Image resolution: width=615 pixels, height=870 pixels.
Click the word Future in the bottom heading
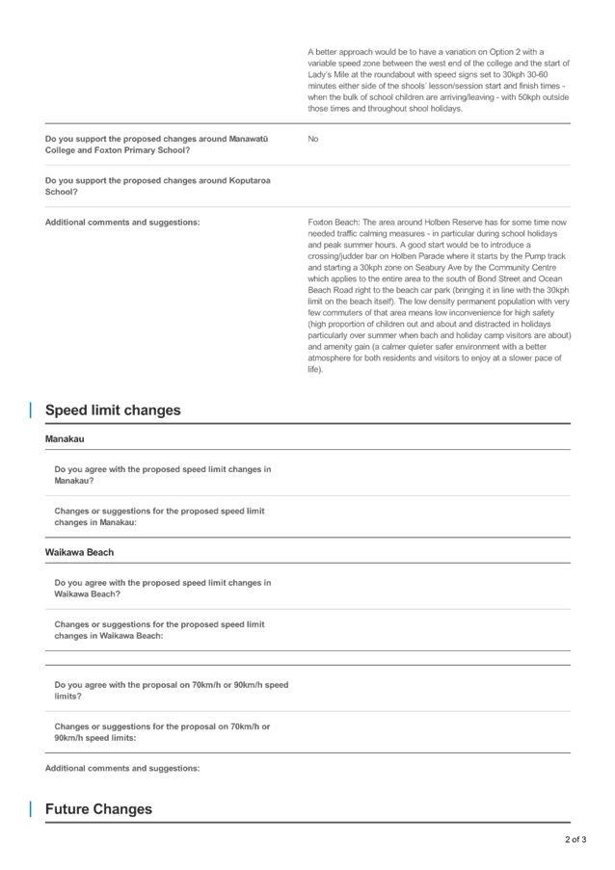coord(70,809)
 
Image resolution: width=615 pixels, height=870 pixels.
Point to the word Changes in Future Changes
coord(126,809)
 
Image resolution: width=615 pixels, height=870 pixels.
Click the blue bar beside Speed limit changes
coord(30,410)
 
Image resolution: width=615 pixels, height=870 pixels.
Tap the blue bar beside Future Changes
coord(30,809)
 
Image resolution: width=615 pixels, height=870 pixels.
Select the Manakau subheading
coord(65,439)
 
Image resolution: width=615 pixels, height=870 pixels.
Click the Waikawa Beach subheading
coord(79,553)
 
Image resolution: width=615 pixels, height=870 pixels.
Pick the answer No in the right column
coord(312,140)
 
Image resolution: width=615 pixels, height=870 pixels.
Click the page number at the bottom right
coord(575,840)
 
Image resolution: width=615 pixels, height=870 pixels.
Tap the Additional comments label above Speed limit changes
coord(122,223)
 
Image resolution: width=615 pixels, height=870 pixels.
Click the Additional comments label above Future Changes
coord(122,768)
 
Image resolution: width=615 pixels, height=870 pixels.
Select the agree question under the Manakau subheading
coord(162,474)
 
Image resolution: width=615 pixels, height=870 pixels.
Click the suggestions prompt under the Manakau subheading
coord(159,516)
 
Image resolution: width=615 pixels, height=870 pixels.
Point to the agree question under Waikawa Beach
coord(162,588)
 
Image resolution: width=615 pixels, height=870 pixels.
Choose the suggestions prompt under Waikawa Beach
coord(159,630)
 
